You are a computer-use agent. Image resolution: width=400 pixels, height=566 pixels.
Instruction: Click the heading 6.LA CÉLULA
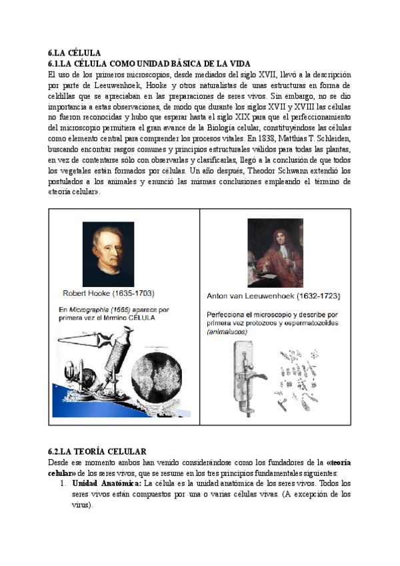[74, 52]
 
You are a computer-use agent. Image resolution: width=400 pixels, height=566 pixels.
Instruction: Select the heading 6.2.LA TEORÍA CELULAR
[97, 452]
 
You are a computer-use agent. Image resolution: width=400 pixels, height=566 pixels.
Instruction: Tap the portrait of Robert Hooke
[108, 254]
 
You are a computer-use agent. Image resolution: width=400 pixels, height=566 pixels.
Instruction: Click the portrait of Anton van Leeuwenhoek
[275, 251]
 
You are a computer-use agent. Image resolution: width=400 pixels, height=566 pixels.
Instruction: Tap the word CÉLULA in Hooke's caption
[141, 318]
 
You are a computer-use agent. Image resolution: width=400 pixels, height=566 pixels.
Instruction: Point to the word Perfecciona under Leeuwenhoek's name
[227, 314]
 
